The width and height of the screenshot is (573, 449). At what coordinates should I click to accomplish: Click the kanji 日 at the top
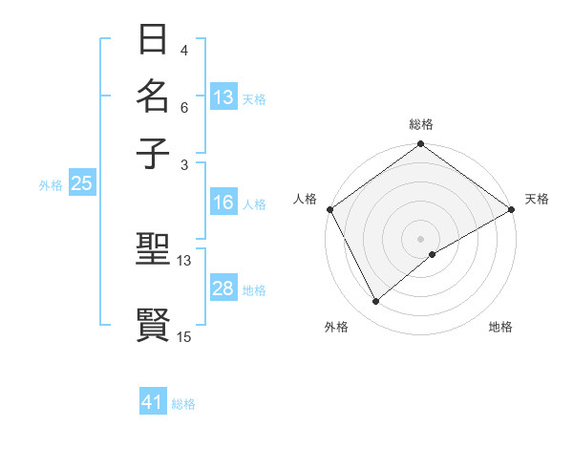[154, 41]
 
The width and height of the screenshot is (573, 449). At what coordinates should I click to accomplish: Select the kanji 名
[154, 97]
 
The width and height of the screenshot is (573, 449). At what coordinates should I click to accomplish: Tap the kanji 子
[154, 153]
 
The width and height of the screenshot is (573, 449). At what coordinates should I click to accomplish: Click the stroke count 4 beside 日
[184, 51]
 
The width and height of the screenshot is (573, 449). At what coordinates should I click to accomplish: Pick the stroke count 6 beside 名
[184, 107]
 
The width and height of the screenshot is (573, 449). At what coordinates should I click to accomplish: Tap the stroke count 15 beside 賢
[184, 336]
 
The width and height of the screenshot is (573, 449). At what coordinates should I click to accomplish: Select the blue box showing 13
[223, 97]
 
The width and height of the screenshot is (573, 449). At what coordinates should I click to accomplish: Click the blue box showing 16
[223, 203]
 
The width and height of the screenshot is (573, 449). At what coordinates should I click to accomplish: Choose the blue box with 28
[223, 289]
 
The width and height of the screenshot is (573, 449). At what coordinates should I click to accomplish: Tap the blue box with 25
[81, 184]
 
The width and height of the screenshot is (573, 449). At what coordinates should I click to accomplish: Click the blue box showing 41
[153, 402]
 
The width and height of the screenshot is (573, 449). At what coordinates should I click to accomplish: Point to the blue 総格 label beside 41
[183, 404]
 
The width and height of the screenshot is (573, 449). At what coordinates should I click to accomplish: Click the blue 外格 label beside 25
[51, 185]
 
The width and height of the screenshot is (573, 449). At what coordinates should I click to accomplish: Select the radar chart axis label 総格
[421, 124]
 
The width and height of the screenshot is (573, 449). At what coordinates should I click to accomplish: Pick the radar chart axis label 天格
[537, 199]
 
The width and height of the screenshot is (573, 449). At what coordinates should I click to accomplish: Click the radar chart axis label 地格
[500, 327]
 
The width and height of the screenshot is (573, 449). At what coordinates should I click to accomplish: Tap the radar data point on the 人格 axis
[329, 209]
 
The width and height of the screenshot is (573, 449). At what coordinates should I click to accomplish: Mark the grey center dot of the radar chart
[421, 238]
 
